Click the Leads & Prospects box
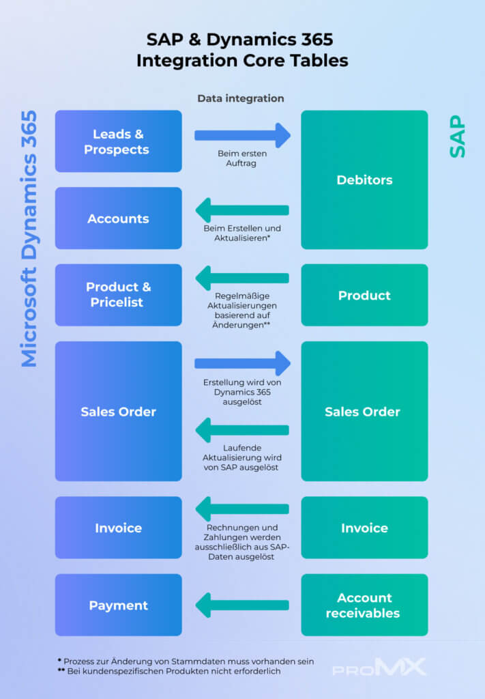click(x=118, y=141)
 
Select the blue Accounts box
click(x=118, y=218)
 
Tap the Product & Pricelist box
click(x=118, y=295)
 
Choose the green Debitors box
click(x=364, y=180)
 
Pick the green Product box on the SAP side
click(x=364, y=295)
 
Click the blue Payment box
click(x=118, y=605)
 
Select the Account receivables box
click(x=364, y=605)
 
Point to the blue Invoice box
click(x=118, y=528)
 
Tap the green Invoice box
click(x=364, y=528)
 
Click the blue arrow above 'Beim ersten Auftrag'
click(x=242, y=135)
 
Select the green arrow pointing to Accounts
click(x=242, y=210)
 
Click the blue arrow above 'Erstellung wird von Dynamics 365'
click(x=242, y=364)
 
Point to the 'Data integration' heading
click(x=240, y=98)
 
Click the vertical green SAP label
click(x=458, y=137)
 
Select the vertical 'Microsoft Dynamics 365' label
click(x=29, y=239)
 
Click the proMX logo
click(x=379, y=667)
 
